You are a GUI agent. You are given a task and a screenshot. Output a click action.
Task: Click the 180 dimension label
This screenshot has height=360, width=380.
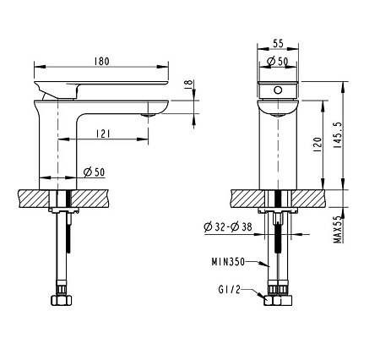click(x=101, y=61)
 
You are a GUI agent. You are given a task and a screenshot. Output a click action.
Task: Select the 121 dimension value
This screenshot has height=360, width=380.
click(x=102, y=134)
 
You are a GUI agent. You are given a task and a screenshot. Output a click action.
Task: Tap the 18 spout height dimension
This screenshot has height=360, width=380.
click(x=188, y=85)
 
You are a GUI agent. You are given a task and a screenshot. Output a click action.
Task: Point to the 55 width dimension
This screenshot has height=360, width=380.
click(x=278, y=44)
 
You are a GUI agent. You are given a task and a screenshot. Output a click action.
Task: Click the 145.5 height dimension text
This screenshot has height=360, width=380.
click(x=337, y=135)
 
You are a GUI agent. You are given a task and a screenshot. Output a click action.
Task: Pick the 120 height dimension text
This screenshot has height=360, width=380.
click(x=318, y=145)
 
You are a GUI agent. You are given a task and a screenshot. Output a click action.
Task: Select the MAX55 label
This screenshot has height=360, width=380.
click(x=337, y=229)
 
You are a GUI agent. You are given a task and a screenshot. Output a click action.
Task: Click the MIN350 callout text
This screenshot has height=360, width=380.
click(x=228, y=262)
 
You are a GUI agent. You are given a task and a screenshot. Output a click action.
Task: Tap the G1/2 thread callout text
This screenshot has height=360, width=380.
click(x=230, y=290)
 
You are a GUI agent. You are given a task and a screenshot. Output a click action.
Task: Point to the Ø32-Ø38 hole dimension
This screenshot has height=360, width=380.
click(x=228, y=226)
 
